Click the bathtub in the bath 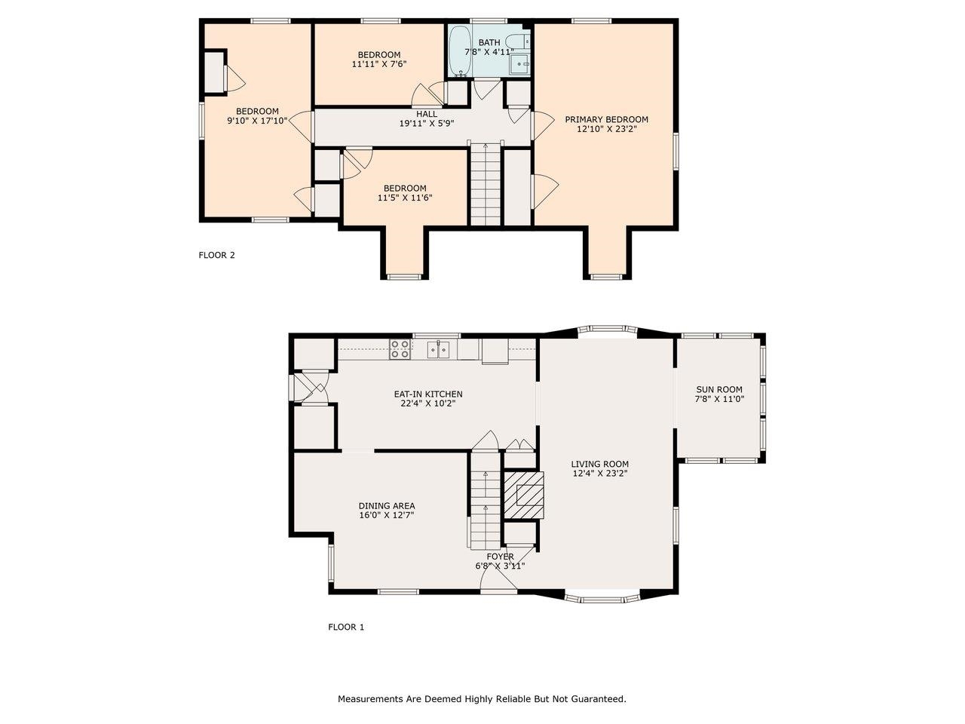[x=460, y=51]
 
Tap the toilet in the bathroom [x=519, y=41]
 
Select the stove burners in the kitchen [x=400, y=348]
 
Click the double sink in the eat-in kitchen [x=439, y=348]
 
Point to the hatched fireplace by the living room [x=523, y=495]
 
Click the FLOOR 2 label [x=216, y=255]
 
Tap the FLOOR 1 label [x=346, y=627]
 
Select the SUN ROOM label [x=718, y=390]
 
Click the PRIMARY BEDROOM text [x=606, y=119]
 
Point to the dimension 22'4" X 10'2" [x=427, y=403]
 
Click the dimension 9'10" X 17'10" [x=257, y=121]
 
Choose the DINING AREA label [x=386, y=506]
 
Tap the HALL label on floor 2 [x=426, y=114]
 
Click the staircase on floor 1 [x=486, y=501]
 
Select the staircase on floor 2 [x=486, y=185]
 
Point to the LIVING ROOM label [x=599, y=465]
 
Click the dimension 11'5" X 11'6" [x=404, y=198]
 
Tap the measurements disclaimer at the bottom [x=482, y=699]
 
